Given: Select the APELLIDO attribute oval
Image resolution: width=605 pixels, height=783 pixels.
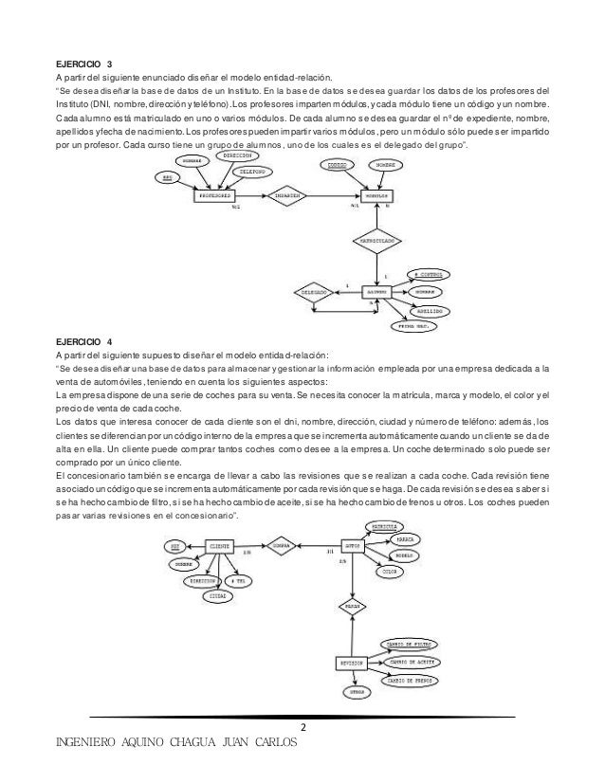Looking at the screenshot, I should pyautogui.click(x=429, y=310).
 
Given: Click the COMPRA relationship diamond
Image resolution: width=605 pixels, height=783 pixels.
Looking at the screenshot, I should pyautogui.click(x=282, y=546).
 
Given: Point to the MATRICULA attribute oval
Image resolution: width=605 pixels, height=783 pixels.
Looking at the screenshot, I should pyautogui.click(x=383, y=525).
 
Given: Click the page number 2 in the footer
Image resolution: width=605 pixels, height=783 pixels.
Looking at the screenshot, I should pyautogui.click(x=302, y=727).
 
